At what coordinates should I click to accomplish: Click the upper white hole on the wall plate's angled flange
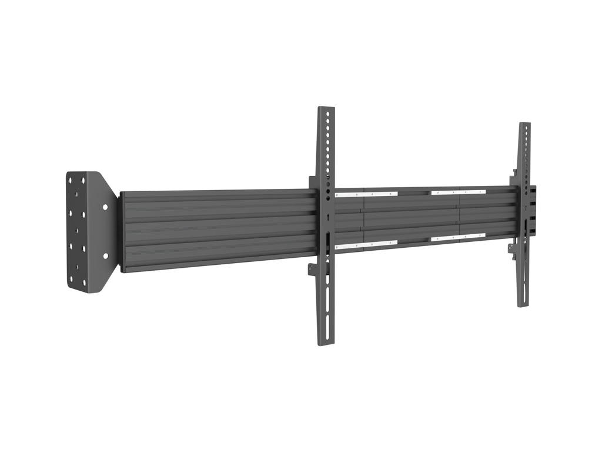(x=105, y=207)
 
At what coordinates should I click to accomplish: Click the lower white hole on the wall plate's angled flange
(x=106, y=256)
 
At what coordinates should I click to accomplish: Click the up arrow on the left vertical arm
(x=325, y=216)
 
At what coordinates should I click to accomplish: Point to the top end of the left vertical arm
(x=326, y=108)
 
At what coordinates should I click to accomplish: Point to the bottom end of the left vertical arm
(x=326, y=343)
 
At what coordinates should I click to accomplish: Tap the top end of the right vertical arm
(x=524, y=124)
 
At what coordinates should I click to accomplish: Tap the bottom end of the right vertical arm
(x=523, y=305)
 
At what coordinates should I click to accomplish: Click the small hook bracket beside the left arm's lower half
(x=312, y=270)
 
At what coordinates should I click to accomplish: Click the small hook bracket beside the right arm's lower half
(x=512, y=248)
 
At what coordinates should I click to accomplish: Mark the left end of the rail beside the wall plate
(x=122, y=231)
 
